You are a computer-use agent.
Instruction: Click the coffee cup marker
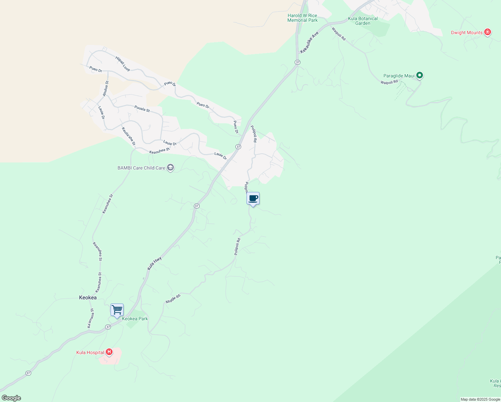(x=253, y=198)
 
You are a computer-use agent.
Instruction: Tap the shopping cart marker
(x=117, y=310)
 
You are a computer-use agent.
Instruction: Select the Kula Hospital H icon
(x=109, y=352)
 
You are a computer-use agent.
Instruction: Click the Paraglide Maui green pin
(x=419, y=75)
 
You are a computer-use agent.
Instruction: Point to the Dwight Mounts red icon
(x=488, y=32)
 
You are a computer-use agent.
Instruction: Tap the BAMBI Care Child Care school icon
(x=170, y=167)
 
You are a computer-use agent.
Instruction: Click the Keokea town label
(x=88, y=297)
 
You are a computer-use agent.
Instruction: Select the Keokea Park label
(x=135, y=319)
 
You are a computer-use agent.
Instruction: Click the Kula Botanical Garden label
(x=363, y=21)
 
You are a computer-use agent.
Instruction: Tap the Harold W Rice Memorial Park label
(x=302, y=18)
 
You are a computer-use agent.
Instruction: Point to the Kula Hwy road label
(x=154, y=263)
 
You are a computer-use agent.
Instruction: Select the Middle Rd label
(x=173, y=299)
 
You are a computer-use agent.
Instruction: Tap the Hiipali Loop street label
(x=123, y=64)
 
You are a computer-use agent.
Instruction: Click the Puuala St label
(x=142, y=109)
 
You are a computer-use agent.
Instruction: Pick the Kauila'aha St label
(x=129, y=136)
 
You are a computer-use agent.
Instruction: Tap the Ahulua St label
(x=105, y=89)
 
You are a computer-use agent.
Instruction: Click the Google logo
(x=11, y=398)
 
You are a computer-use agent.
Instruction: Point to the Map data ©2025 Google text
(x=480, y=399)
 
